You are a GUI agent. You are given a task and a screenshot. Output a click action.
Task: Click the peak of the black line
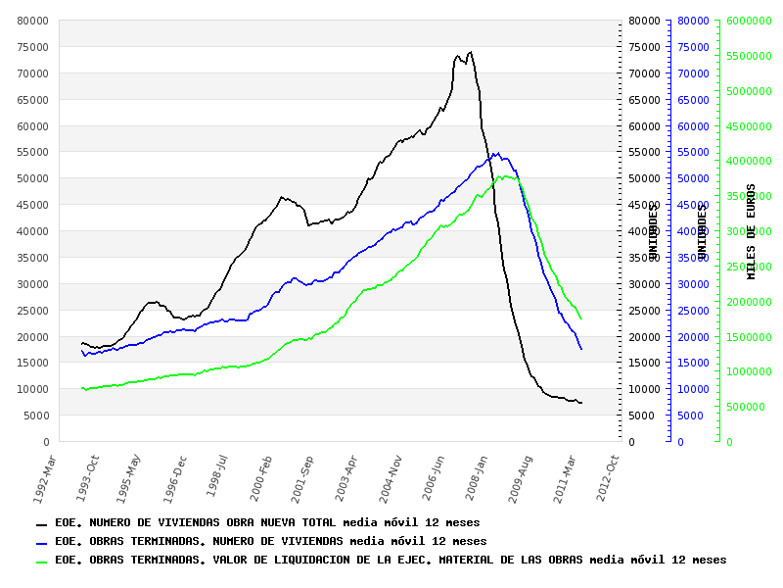[471, 52]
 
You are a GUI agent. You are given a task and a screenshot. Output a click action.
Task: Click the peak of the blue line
[498, 152]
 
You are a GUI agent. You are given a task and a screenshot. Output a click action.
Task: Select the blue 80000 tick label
[692, 21]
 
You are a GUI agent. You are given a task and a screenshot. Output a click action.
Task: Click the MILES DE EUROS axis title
[752, 231]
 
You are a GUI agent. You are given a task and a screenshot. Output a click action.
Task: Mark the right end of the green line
[581, 318]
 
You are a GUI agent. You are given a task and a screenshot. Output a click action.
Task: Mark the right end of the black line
[581, 403]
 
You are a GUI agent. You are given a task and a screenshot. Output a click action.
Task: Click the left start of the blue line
[82, 350]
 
